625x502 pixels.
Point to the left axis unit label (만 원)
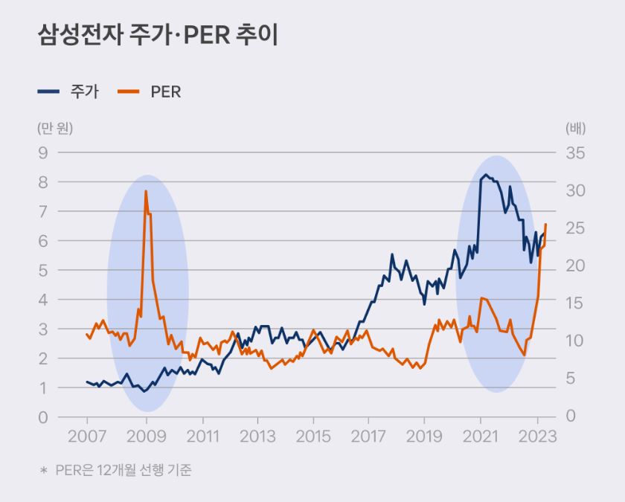tap(55, 127)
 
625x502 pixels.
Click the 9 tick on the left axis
tap(42, 152)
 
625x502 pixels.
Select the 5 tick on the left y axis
tap(42, 270)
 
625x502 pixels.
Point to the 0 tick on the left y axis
tap(42, 417)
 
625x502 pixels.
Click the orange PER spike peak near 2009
tap(145, 191)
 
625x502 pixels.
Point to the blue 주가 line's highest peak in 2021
tap(486, 175)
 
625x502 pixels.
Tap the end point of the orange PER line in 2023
tap(545, 224)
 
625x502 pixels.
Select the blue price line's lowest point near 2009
tap(144, 391)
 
